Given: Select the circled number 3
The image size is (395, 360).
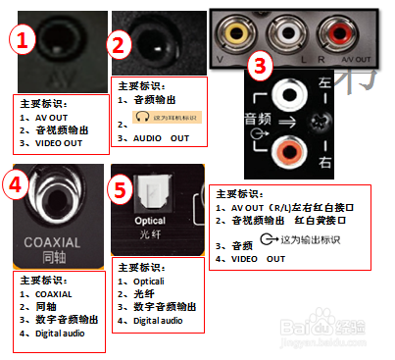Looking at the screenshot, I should coord(260,68).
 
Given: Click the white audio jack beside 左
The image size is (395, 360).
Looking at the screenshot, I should coord(292,96).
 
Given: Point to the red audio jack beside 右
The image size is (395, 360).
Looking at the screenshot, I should coord(292,151).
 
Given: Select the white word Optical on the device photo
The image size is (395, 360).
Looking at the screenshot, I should coord(149,222).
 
